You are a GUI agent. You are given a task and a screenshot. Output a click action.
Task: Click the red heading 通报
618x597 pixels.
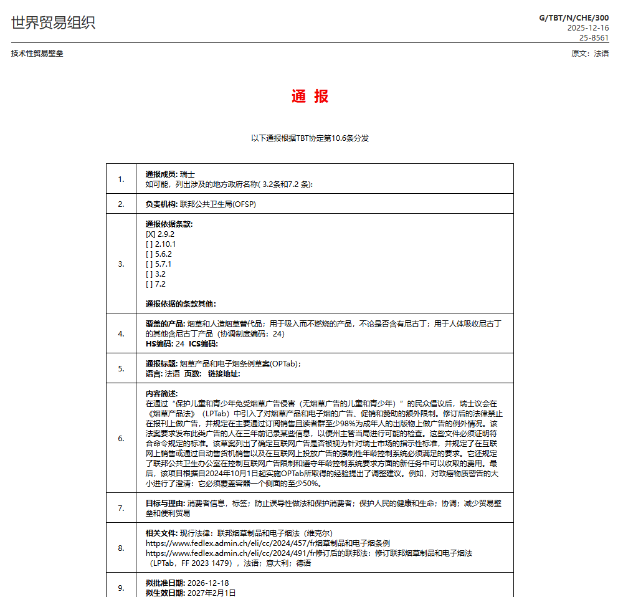pyautogui.click(x=310, y=97)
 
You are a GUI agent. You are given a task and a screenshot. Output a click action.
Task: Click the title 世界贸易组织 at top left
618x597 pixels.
pyautogui.click(x=54, y=23)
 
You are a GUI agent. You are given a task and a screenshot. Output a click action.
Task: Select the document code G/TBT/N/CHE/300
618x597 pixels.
pyautogui.click(x=574, y=17)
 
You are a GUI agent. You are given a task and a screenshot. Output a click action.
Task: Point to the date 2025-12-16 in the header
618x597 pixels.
pyautogui.click(x=588, y=28)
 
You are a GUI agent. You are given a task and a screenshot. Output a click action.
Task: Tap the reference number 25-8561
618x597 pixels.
pyautogui.click(x=594, y=38)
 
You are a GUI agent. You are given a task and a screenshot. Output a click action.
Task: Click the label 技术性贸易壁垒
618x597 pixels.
pyautogui.click(x=37, y=54)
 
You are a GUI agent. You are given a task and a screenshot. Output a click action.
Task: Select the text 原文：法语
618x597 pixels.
pyautogui.click(x=590, y=54)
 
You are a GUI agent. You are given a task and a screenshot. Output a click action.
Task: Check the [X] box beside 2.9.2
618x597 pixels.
pyautogui.click(x=150, y=234)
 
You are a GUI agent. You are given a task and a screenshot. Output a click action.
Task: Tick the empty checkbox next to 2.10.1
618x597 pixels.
pyautogui.click(x=150, y=244)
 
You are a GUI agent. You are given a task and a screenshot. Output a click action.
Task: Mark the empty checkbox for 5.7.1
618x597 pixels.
pyautogui.click(x=150, y=264)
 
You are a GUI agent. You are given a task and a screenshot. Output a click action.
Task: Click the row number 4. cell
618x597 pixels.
pyautogui.click(x=121, y=333)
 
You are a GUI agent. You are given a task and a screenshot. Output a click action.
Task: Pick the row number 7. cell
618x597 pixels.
pyautogui.click(x=121, y=508)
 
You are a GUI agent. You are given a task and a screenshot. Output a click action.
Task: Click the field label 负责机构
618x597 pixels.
pyautogui.click(x=161, y=204)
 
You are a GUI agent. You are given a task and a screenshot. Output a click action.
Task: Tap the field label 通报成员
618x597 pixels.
pyautogui.click(x=161, y=174)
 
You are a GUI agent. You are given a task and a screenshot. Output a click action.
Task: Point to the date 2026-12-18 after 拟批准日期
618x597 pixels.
pyautogui.click(x=209, y=583)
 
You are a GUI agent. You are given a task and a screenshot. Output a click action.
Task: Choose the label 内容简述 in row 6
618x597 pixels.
pyautogui.click(x=161, y=394)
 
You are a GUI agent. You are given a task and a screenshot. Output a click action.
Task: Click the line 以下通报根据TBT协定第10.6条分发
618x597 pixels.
pyautogui.click(x=310, y=138)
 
